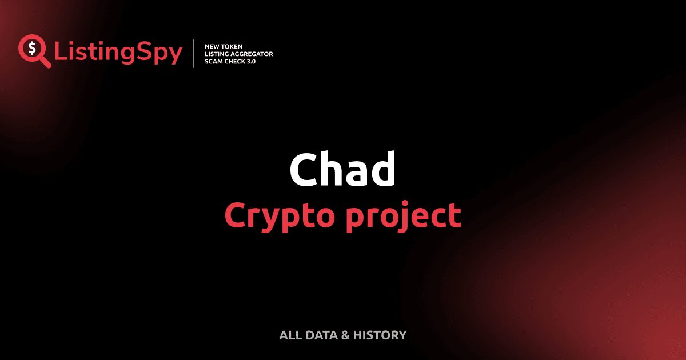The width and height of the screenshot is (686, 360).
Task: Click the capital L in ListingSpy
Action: (60, 52)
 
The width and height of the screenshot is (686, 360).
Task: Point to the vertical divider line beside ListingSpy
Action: (194, 54)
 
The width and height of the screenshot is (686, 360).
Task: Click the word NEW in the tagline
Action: (213, 46)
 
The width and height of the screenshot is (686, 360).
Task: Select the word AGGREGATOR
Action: (252, 54)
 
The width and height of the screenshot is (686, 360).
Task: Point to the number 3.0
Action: (252, 61)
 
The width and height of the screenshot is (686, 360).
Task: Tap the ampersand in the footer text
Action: (345, 335)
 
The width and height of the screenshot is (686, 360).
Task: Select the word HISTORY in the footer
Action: (380, 335)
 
